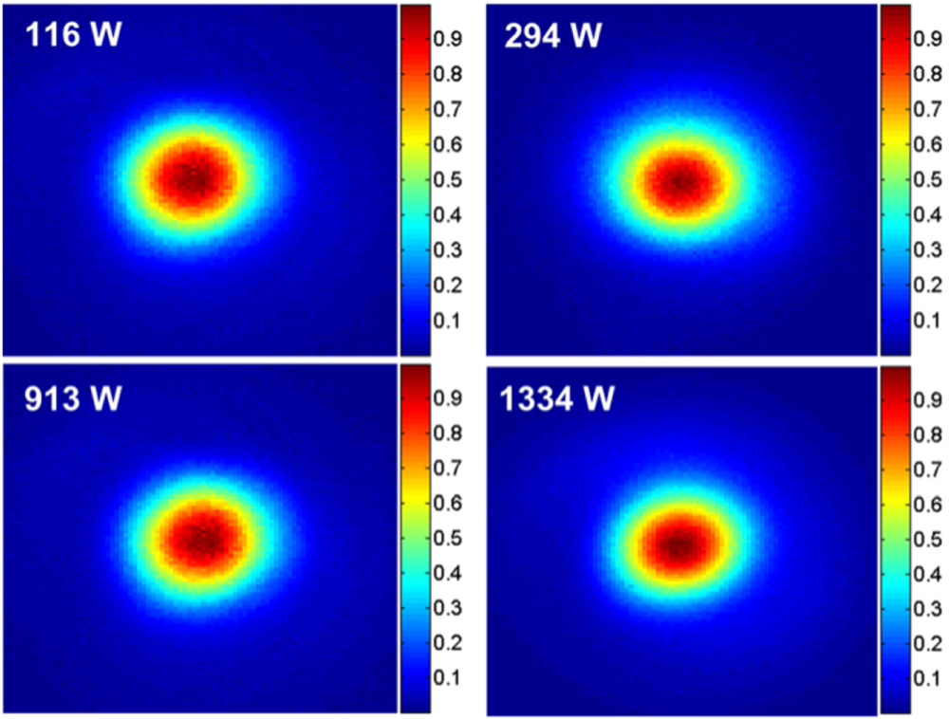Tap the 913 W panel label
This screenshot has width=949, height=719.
coord(73,397)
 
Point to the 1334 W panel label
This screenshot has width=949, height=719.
coord(559,397)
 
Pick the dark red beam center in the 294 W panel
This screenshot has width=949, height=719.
coord(681,181)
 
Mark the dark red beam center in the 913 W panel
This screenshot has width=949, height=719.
coord(203,539)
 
